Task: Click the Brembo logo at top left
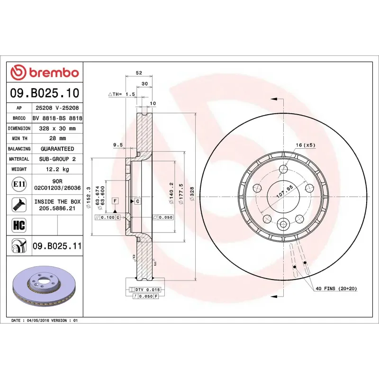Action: (45, 72)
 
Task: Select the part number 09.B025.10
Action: (45, 93)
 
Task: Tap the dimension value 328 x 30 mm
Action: (57, 128)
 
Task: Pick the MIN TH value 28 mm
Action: (57, 138)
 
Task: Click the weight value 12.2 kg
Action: (57, 169)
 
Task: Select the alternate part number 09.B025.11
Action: (57, 246)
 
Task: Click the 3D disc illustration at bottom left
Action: (45, 289)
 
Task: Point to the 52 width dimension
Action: (139, 73)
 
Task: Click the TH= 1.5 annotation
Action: (122, 94)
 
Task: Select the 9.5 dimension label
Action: (118, 144)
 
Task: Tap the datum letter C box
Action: (137, 201)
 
